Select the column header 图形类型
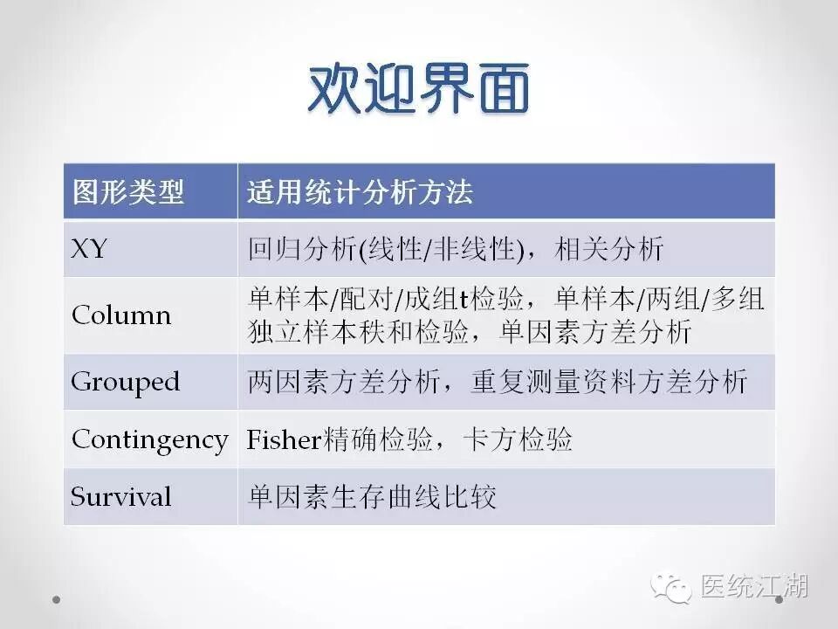[x=127, y=192]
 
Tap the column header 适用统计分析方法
[x=360, y=192]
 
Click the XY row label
[x=89, y=250]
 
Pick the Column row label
[x=121, y=314]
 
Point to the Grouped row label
[x=125, y=382]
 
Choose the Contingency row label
[x=149, y=439]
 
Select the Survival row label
[x=121, y=497]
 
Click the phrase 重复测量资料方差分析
[x=609, y=382]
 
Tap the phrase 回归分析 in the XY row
[x=297, y=251]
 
